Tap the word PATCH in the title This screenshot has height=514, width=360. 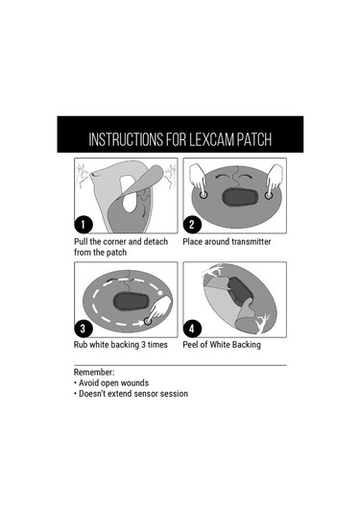point(254,139)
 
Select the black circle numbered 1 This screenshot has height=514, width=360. point(84,225)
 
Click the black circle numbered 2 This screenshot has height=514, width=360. point(192,225)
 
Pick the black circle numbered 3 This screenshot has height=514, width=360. point(84,329)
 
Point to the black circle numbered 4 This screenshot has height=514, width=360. point(192,329)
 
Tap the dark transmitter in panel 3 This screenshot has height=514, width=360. point(132,301)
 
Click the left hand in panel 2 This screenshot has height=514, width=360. point(198,181)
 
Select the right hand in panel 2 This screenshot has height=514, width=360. point(275,181)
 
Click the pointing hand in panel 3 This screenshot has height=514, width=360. point(159,308)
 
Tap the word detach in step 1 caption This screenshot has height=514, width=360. point(156,242)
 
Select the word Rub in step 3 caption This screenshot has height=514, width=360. point(81,345)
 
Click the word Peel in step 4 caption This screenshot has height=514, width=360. point(190,345)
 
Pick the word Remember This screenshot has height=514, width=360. point(94,373)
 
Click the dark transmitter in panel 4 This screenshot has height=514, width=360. point(240,290)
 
